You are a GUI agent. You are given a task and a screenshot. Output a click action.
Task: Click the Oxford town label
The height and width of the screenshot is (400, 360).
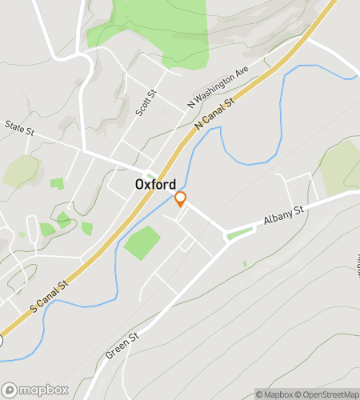155,183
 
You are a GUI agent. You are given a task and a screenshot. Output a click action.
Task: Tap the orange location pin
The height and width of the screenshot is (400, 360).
181,199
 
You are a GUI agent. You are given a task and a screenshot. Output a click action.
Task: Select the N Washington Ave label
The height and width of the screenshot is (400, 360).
218,86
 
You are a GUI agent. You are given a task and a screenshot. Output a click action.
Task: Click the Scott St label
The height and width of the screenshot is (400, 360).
146,103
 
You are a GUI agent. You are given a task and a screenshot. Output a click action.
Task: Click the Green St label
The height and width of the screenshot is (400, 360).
122,344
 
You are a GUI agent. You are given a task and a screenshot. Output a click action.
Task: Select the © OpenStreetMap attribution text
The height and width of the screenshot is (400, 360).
328,394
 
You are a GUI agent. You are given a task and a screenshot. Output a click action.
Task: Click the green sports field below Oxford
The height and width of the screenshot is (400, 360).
142,242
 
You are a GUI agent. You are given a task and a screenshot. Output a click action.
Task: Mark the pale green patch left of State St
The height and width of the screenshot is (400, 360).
22,170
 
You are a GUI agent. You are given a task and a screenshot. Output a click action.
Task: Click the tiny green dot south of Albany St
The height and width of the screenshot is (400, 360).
245,263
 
